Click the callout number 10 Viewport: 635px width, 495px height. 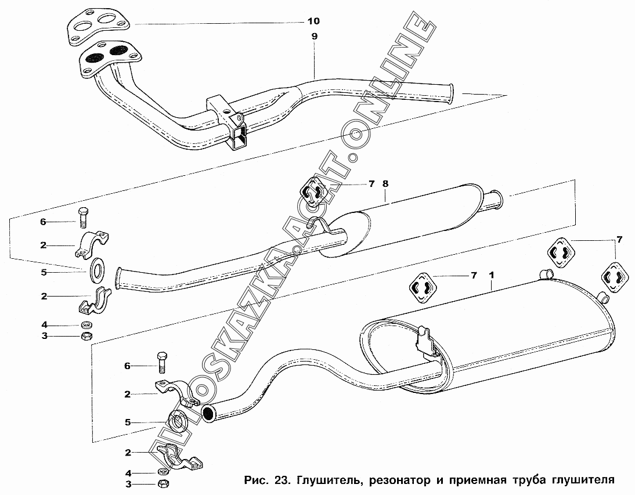(x=313, y=22)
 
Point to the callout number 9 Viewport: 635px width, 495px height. (x=314, y=36)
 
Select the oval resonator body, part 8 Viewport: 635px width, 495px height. (x=406, y=221)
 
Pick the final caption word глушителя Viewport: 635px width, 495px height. (x=581, y=480)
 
